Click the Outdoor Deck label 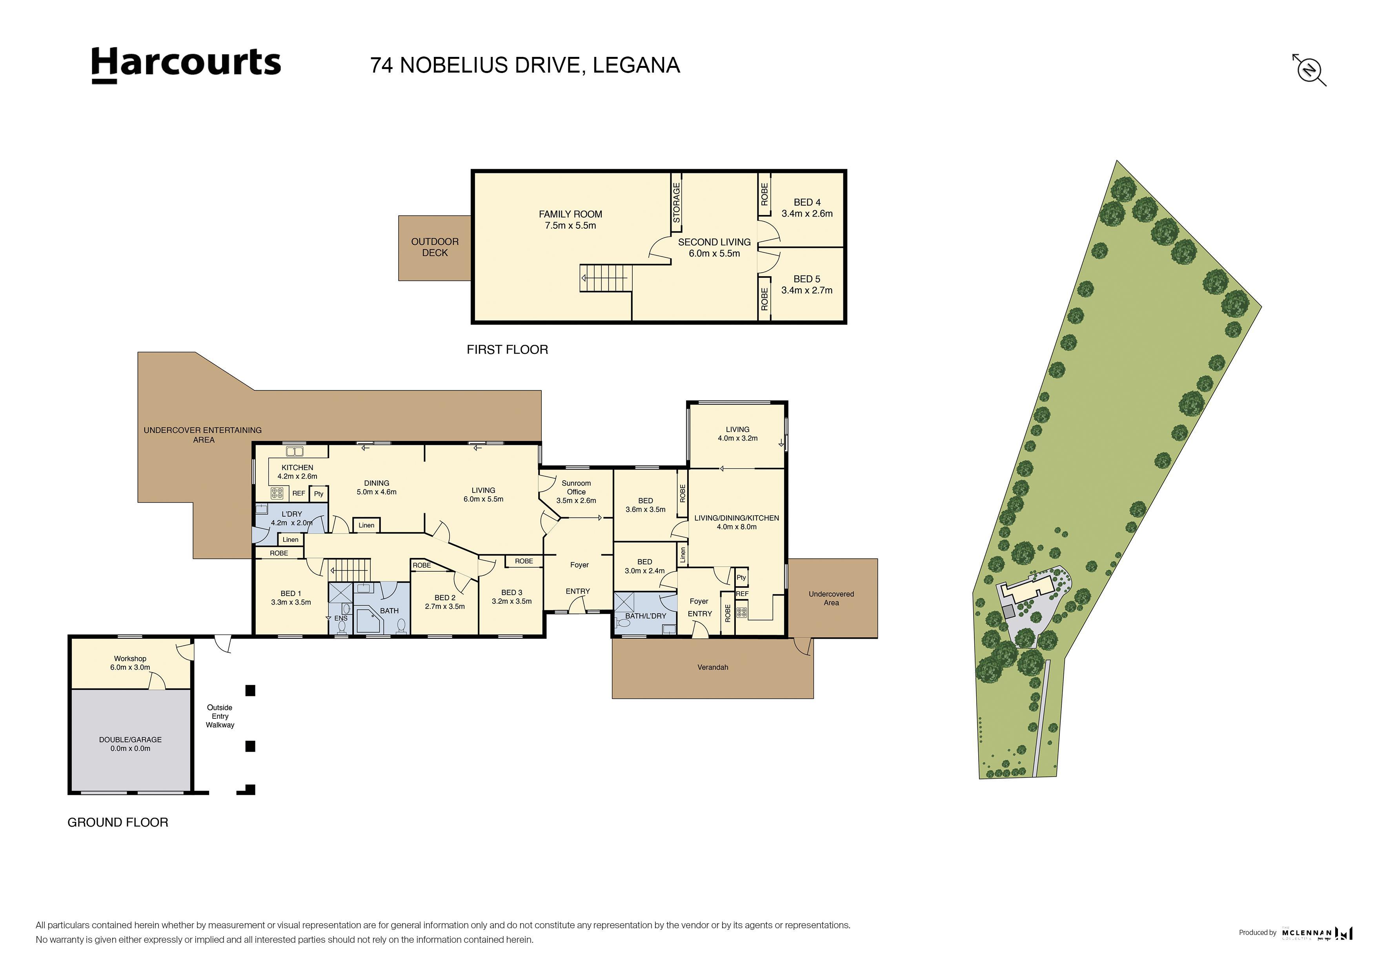[x=435, y=247]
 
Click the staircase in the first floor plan [x=605, y=278]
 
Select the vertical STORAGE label [x=676, y=202]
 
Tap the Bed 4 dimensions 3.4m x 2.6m [x=807, y=213]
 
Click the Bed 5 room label [x=807, y=279]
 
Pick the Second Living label [x=714, y=242]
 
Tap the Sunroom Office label [x=576, y=487]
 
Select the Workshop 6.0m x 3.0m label [x=130, y=662]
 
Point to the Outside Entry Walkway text [x=220, y=716]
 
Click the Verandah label [x=713, y=667]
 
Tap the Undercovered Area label [x=831, y=598]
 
